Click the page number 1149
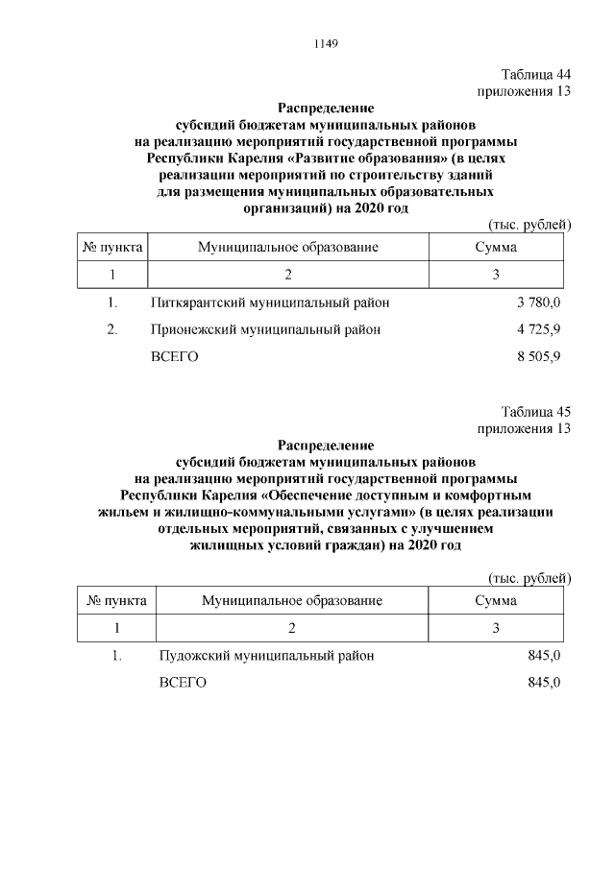tap(326, 43)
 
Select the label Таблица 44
tap(536, 75)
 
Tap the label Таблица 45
tap(536, 412)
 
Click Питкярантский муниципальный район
tap(270, 303)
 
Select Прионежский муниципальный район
tap(265, 329)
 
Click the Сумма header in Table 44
tap(496, 248)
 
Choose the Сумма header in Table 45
tap(496, 601)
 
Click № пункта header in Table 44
tap(113, 248)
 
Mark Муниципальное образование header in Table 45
tap(292, 601)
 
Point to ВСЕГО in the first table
tap(174, 356)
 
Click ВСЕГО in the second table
tap(183, 683)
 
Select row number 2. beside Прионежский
tap(112, 329)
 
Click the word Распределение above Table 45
tap(326, 445)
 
